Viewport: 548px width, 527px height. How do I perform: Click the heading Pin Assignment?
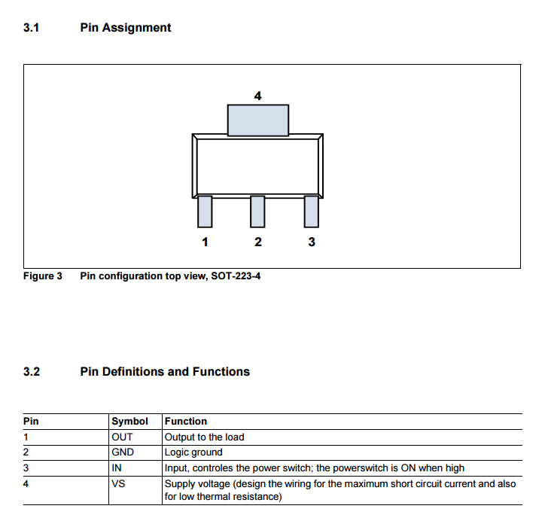125,28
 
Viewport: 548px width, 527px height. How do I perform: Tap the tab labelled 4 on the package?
258,120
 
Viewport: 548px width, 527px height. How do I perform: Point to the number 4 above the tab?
258,96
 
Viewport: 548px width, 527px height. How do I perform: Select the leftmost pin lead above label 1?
205,211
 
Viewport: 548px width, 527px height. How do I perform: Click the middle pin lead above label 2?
258,211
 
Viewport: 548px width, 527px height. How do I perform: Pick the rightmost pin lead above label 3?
312,211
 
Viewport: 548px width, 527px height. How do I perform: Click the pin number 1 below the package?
205,242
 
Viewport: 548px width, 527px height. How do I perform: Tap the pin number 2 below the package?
258,242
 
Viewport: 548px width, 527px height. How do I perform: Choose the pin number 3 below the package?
312,242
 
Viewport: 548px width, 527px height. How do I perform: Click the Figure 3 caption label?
43,276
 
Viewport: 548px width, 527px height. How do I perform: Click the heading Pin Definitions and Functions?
165,371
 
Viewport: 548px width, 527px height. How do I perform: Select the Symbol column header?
129,421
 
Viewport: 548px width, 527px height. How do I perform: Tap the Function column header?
186,421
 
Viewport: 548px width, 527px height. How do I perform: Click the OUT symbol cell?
122,437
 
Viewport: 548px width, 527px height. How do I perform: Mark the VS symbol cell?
118,483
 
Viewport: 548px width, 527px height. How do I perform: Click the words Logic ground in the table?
193,452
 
